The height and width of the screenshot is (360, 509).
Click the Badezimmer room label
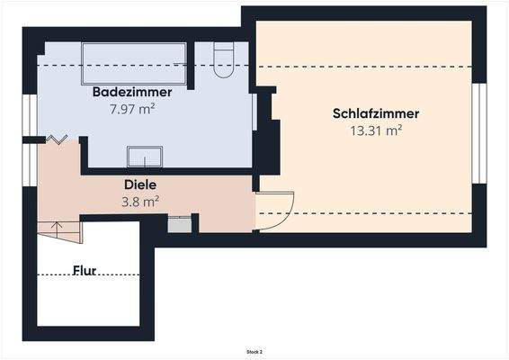point(126,93)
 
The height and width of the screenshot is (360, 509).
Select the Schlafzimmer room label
point(376,113)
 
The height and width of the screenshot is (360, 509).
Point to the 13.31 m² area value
point(376,130)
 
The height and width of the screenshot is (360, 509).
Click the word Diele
point(140,185)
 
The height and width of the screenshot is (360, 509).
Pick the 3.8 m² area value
point(140,202)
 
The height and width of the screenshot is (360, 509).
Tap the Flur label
point(85,269)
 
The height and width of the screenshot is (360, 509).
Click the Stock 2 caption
point(254,351)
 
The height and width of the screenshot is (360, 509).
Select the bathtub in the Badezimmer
point(134,63)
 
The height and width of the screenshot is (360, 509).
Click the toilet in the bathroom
point(225,58)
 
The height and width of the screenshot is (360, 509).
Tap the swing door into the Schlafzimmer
point(276,211)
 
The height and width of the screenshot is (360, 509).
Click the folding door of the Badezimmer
point(58,139)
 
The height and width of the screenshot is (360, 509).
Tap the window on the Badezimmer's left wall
point(30,114)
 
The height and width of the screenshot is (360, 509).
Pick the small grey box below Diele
point(179,224)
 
